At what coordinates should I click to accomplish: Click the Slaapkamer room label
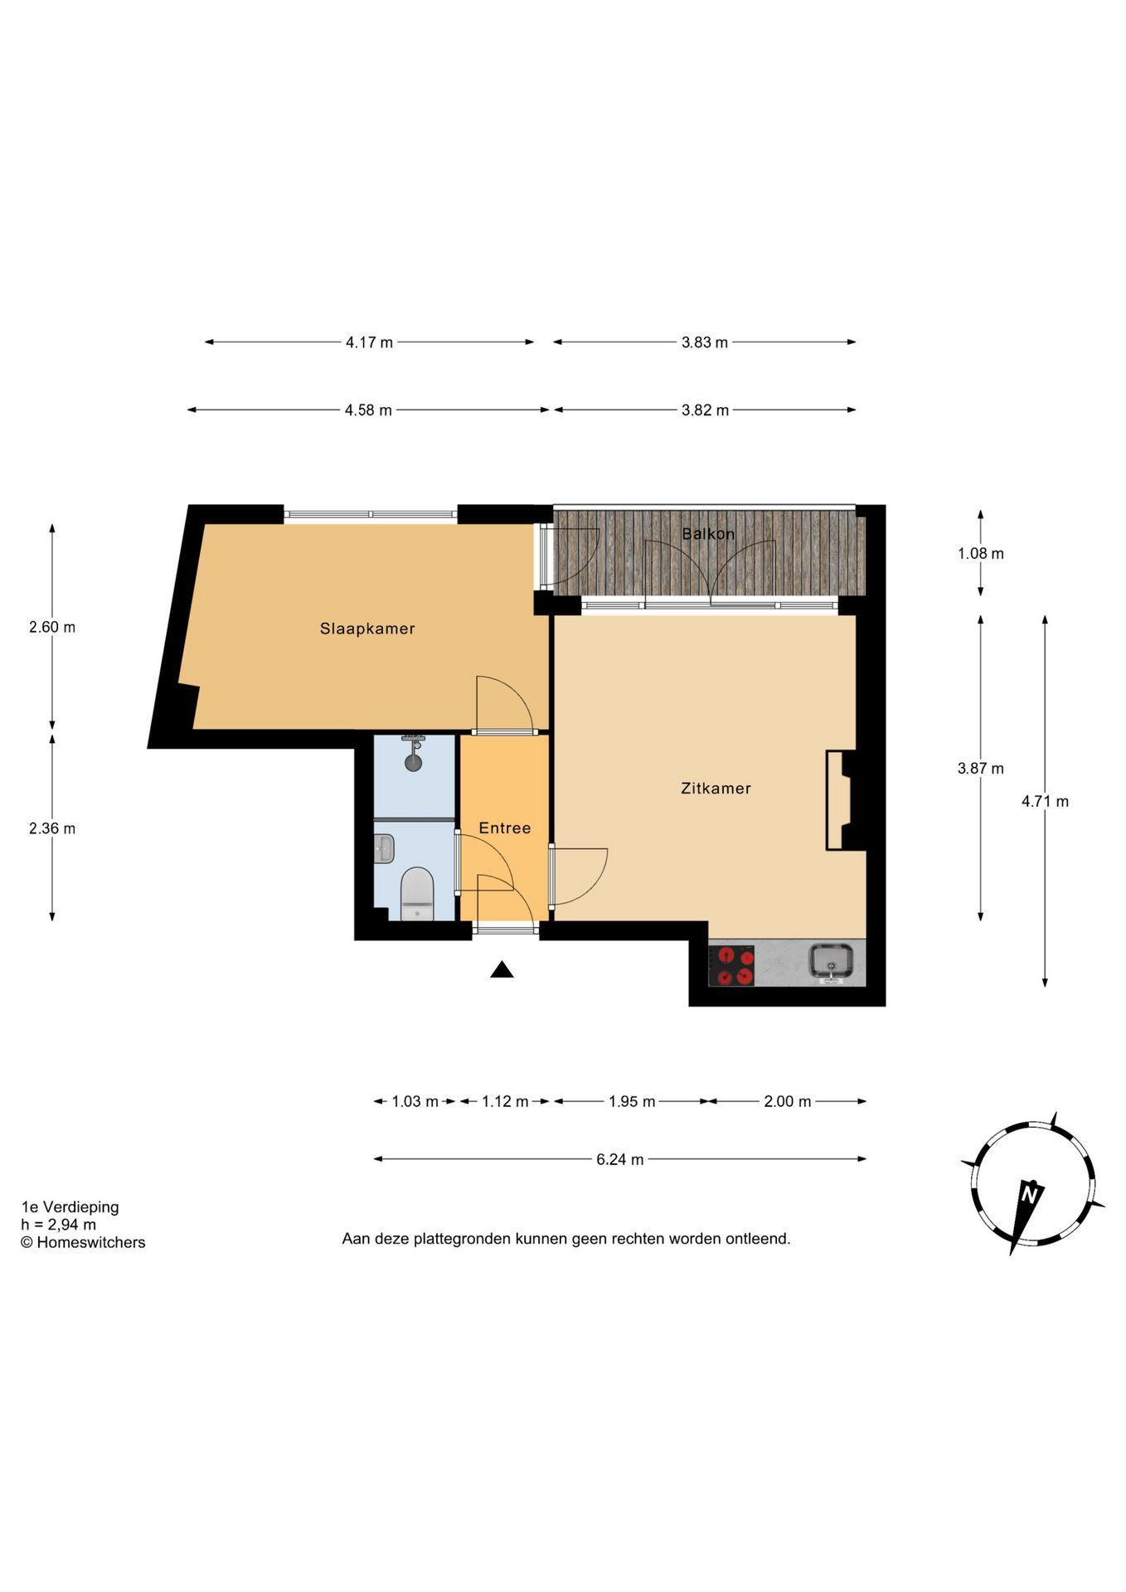click(367, 629)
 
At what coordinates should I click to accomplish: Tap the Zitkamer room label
click(716, 789)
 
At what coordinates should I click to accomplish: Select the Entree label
click(505, 828)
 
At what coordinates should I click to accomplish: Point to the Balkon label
click(708, 534)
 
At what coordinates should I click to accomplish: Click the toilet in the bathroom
click(417, 894)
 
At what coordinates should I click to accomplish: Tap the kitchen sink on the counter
click(832, 962)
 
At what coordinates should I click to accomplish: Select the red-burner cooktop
click(731, 965)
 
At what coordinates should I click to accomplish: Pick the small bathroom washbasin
click(384, 848)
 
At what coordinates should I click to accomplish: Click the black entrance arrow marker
click(502, 969)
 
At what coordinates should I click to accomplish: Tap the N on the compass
click(1031, 1195)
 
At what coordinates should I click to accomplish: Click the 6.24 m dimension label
click(620, 1159)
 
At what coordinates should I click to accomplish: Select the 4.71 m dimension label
click(1045, 801)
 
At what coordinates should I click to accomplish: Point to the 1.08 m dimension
click(981, 553)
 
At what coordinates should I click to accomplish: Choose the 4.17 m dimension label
click(370, 342)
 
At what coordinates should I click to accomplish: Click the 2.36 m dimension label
click(52, 828)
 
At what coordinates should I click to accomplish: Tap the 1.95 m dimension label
click(632, 1101)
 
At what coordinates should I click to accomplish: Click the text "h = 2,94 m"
click(58, 1225)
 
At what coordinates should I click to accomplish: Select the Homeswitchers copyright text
click(83, 1242)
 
